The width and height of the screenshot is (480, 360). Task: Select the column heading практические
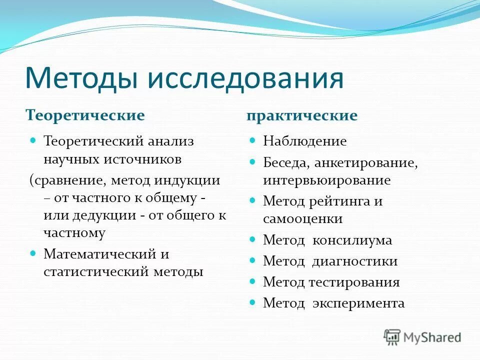coord(302,115)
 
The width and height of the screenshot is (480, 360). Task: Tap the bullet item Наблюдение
coord(305,141)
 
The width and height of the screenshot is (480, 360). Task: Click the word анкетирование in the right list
coord(366,162)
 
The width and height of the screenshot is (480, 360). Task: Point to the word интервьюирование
coord(327,180)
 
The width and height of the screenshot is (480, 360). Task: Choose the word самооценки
coord(303,218)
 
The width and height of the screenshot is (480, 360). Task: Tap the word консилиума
coord(352,240)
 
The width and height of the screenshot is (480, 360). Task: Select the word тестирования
coord(353,282)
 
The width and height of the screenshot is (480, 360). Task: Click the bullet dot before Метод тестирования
coord(252,281)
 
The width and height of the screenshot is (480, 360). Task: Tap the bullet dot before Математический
coord(33,253)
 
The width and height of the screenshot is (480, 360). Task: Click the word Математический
coord(99,254)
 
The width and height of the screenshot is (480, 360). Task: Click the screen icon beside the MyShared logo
coord(392,336)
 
